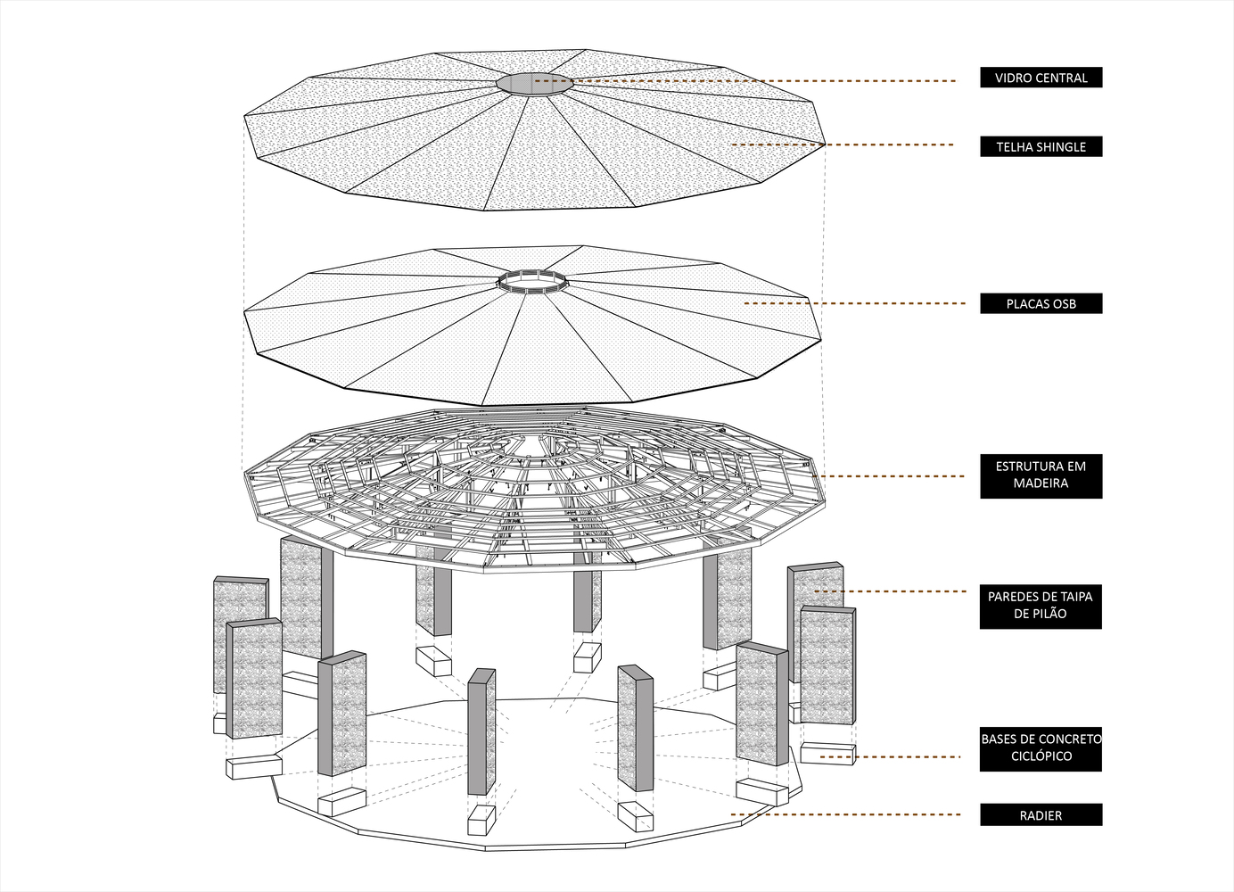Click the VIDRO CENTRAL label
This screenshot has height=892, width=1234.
tap(1041, 78)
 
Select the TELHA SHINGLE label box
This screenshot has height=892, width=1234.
tap(1041, 146)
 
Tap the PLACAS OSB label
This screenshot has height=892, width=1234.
tap(1041, 303)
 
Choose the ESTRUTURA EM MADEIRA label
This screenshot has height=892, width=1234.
tap(1041, 475)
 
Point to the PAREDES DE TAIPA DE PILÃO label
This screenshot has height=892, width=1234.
tap(1041, 605)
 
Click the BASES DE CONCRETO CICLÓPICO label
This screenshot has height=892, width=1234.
tap(1041, 747)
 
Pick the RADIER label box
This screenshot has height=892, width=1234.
tap(1041, 814)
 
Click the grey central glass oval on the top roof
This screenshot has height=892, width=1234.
tap(534, 82)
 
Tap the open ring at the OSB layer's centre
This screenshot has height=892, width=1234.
tap(532, 281)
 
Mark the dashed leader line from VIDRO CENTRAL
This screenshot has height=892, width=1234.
tap(767, 80)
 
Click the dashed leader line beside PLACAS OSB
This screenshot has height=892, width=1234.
tap(856, 303)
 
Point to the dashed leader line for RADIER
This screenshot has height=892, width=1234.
tap(847, 814)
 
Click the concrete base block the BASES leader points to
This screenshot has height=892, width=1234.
tap(827, 753)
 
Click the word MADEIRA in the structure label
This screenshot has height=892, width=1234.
tap(1041, 483)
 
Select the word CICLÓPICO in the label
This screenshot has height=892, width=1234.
tap(1041, 756)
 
